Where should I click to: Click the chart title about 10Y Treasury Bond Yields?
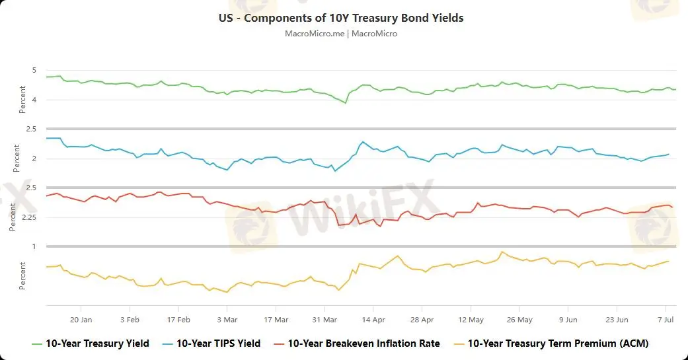(x=341, y=18)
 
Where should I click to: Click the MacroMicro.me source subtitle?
(x=341, y=33)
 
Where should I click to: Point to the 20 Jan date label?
(x=81, y=318)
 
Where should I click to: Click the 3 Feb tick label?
(x=130, y=318)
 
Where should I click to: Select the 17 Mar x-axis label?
(x=276, y=318)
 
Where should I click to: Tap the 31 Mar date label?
(x=325, y=318)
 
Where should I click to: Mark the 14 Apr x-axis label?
(x=373, y=318)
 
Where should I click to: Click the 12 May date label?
(x=471, y=318)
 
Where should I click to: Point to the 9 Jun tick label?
(x=568, y=318)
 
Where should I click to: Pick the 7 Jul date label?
(x=665, y=318)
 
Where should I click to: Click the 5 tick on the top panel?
(x=34, y=71)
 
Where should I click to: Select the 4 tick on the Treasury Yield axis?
(x=34, y=100)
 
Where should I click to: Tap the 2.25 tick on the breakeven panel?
(x=30, y=217)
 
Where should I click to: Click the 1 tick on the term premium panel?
(x=34, y=246)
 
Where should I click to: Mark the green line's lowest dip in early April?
(x=345, y=103)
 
